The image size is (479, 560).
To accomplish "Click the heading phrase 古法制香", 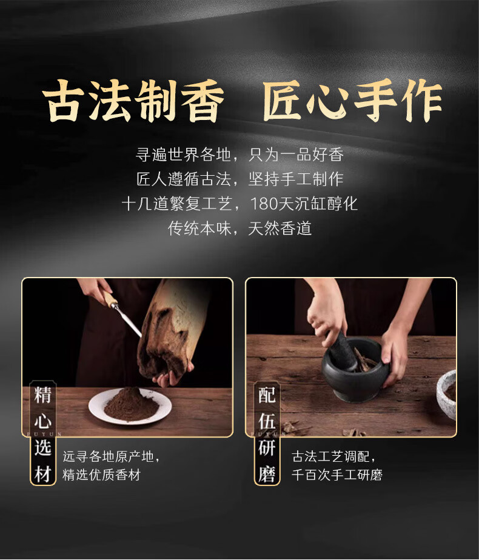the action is coord(133,101).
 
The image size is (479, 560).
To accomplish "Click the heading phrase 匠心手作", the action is coord(352,101).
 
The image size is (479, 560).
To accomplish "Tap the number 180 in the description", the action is coord(264,204).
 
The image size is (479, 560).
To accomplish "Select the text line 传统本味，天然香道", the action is coord(239,228).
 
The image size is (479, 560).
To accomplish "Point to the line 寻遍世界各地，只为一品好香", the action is coord(239,155).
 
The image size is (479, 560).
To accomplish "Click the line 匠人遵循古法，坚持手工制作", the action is coord(239,179).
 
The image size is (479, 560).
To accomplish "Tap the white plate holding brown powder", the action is coord(130,407).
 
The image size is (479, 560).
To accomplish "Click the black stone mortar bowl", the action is coord(354,369).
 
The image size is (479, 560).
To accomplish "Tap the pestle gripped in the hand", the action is coord(341,352).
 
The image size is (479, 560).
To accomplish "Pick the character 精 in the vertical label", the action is coord(43,395).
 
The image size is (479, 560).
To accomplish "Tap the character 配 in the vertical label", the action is coord(266,395).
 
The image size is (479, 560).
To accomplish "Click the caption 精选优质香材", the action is coord(101,475).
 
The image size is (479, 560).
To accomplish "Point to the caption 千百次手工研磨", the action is coord(337,475).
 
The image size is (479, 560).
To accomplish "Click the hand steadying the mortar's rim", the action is coord(395,357).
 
